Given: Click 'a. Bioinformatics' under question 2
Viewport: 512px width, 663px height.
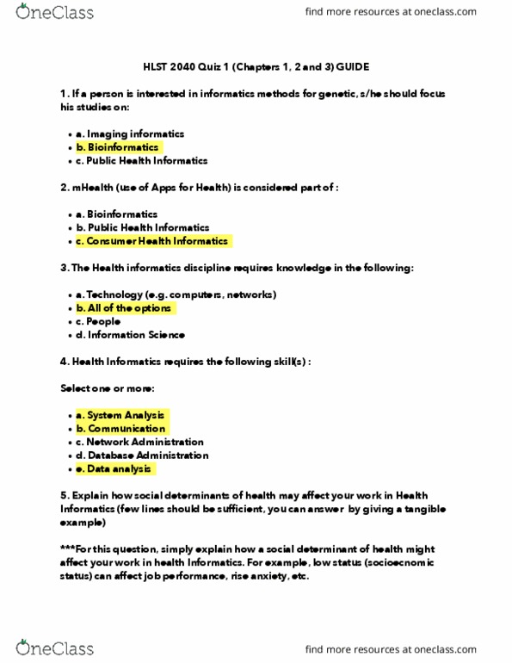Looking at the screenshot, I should pos(123,214).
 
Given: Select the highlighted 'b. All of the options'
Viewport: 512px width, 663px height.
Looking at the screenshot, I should pos(125,308).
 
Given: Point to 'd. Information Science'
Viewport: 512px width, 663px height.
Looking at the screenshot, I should pos(130,335).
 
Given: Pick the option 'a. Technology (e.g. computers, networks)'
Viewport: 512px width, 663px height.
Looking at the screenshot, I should pos(176,294).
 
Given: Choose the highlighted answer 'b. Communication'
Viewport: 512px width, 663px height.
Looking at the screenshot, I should pos(120,428).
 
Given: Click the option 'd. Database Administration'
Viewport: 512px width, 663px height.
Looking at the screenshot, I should pos(142,455).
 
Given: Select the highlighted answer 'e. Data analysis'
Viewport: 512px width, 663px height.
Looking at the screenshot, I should pos(114,468).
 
